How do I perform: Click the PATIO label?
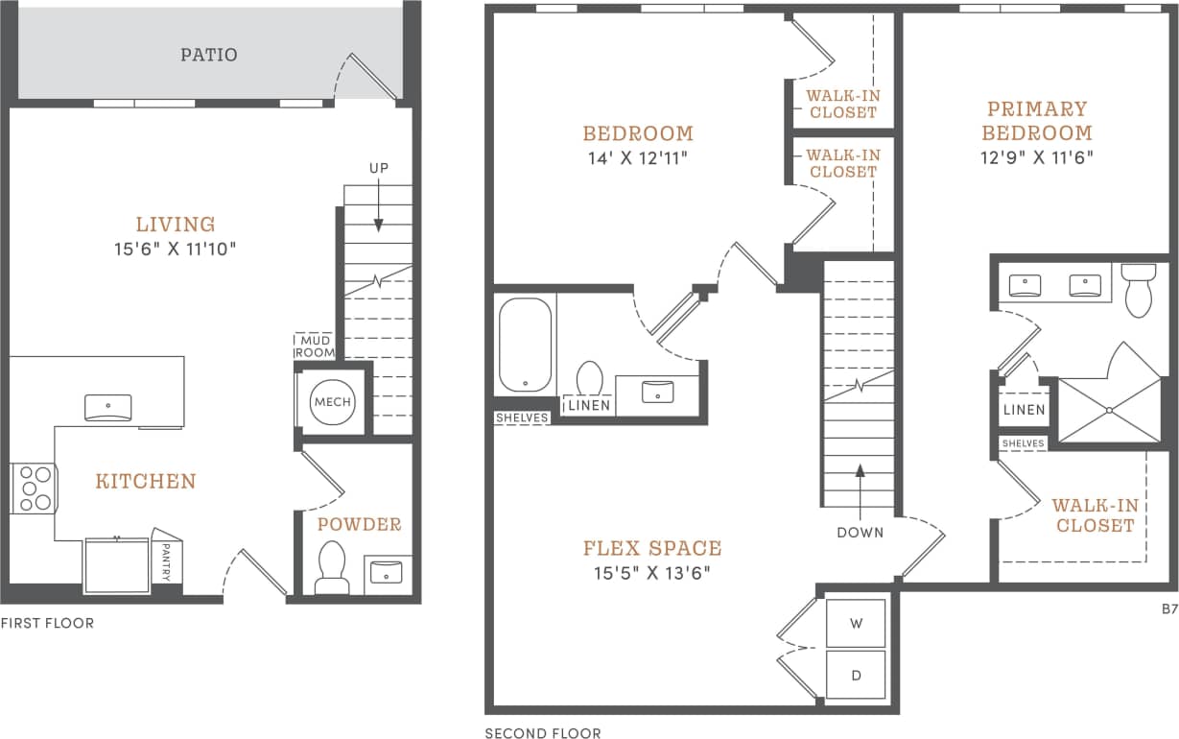[208, 55]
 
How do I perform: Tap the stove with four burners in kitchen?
[34, 488]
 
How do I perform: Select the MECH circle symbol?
[332, 402]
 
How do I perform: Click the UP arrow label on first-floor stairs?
[379, 169]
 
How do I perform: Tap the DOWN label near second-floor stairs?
[860, 532]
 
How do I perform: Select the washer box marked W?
[856, 623]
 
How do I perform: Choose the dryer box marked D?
[856, 676]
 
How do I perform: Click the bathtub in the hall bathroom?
[525, 345]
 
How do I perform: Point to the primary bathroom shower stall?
[1108, 410]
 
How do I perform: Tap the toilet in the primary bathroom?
[1138, 289]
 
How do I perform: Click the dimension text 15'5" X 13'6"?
[651, 574]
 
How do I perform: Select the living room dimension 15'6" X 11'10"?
[174, 250]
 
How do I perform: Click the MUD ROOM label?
[315, 346]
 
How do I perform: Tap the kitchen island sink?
[108, 408]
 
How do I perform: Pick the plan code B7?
[1168, 608]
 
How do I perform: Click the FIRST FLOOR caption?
[47, 623]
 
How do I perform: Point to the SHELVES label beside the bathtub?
[522, 417]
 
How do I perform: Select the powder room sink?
[388, 574]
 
